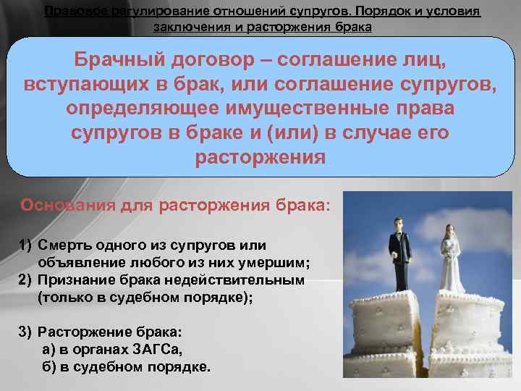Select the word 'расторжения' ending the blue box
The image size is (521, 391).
tap(260, 158)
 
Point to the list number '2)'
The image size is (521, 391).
tap(26, 279)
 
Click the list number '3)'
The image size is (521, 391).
tap(26, 332)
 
